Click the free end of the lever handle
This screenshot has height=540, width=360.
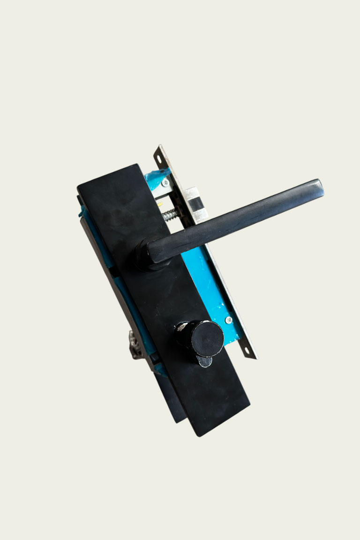point(318,186)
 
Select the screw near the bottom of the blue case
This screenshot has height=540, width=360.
point(228,320)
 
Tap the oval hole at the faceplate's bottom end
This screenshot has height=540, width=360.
point(247,349)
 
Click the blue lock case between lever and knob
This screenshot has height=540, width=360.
point(202,281)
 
